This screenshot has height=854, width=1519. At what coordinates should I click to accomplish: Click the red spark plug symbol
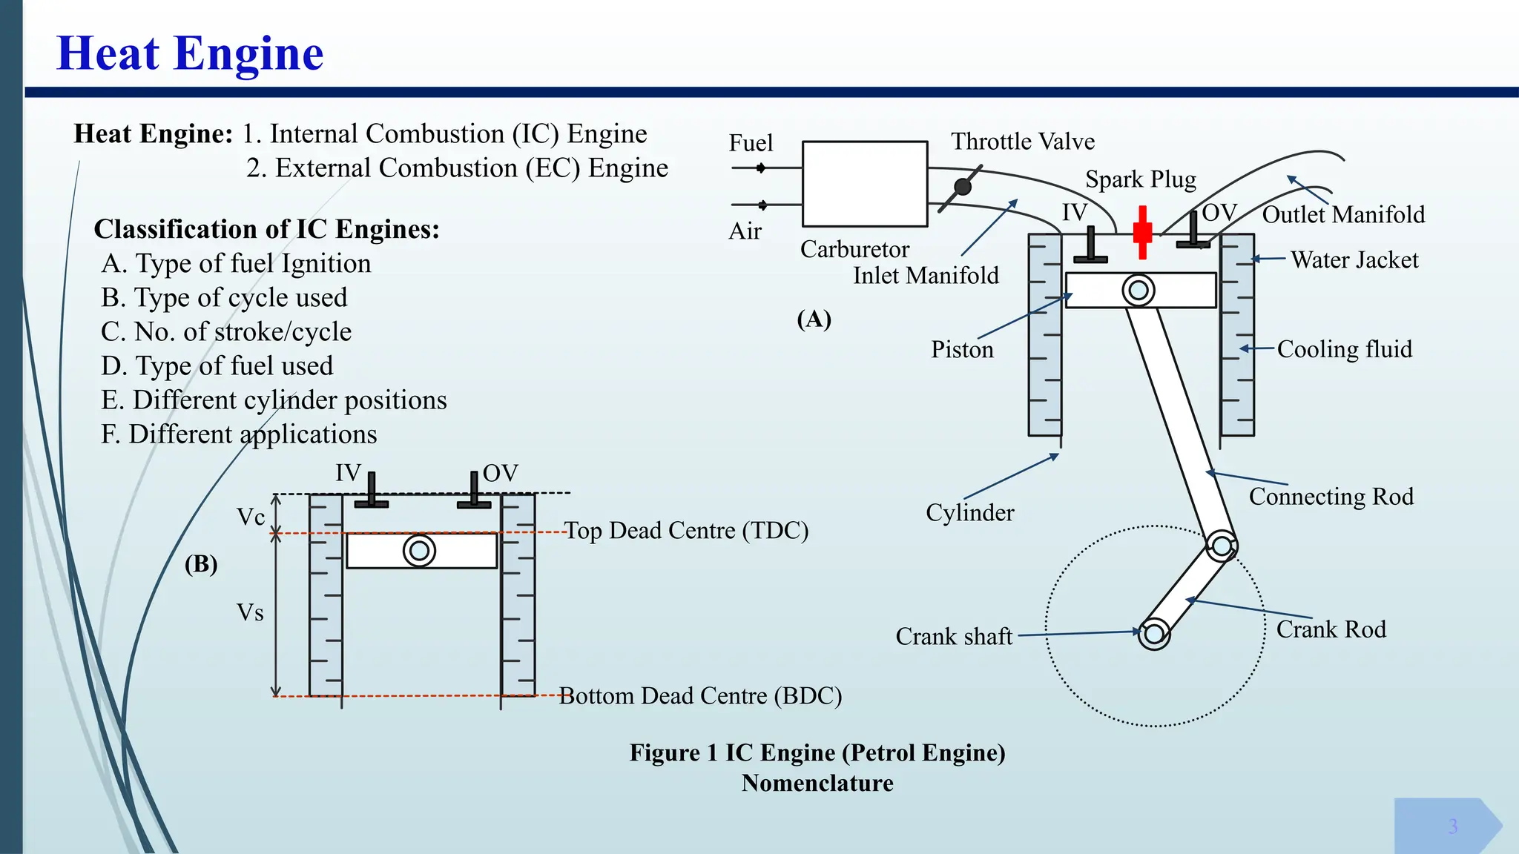(1143, 232)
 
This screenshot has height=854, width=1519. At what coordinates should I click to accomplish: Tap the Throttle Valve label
(1023, 142)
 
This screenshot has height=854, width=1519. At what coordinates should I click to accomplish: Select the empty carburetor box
(865, 184)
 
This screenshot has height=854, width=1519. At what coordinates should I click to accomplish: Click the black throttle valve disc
(963, 187)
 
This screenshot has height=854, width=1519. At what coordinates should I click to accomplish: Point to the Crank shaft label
(954, 637)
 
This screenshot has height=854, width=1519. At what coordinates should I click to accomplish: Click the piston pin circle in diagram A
(1139, 291)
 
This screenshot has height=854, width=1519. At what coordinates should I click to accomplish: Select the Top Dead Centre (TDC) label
(686, 531)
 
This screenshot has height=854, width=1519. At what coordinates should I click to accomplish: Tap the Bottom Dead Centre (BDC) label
(700, 696)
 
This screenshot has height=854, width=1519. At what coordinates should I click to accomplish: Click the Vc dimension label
(251, 517)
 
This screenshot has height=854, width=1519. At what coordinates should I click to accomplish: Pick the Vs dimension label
(250, 613)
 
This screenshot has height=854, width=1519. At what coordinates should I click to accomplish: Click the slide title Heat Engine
(190, 53)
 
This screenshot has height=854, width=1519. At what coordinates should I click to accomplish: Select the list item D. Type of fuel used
(217, 366)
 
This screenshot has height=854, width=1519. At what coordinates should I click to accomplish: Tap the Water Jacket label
(1354, 260)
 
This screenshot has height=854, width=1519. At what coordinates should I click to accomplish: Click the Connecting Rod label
(1331, 497)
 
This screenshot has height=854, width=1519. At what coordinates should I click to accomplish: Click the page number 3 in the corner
(1453, 827)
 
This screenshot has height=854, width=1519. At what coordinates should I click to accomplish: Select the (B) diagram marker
(201, 564)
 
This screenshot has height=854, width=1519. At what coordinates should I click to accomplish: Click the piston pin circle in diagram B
(419, 551)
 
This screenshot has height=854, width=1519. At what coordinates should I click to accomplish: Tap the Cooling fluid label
(1345, 349)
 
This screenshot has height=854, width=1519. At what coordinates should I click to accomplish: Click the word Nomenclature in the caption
(817, 784)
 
